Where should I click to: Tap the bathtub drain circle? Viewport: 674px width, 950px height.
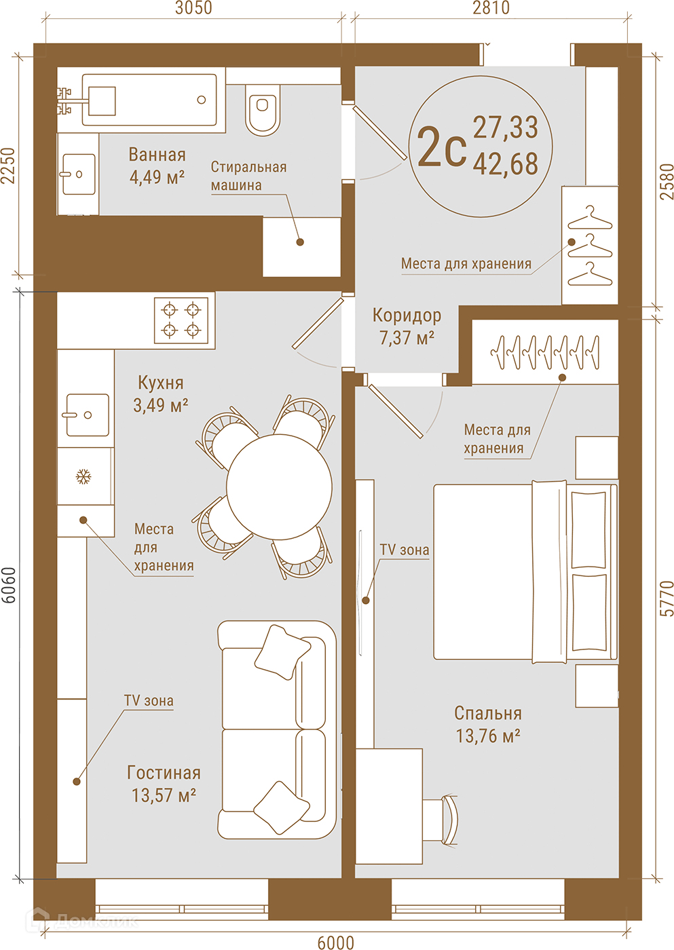202,100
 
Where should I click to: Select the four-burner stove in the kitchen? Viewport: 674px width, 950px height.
181,320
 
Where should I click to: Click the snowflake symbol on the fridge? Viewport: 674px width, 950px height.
83,476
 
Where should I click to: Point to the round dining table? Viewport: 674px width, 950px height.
279,487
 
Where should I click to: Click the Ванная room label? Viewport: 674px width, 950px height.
157,155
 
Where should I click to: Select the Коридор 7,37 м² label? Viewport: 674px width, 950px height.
407,326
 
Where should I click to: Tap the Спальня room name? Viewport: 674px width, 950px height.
488,713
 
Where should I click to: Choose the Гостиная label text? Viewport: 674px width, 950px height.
164,773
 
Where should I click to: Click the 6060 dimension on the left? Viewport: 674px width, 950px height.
9,585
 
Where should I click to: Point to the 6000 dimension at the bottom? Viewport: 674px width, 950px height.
335,942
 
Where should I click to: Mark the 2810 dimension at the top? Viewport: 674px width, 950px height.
491,7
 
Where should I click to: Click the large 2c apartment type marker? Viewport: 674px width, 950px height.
442,147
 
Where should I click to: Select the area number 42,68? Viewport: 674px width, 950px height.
505,164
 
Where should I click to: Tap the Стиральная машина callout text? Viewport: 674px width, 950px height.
248,176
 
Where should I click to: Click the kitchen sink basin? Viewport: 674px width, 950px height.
88,415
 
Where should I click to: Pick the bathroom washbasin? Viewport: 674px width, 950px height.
79,174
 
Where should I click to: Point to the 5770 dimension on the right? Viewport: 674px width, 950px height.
667,598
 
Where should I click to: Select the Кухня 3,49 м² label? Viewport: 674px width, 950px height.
161,394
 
